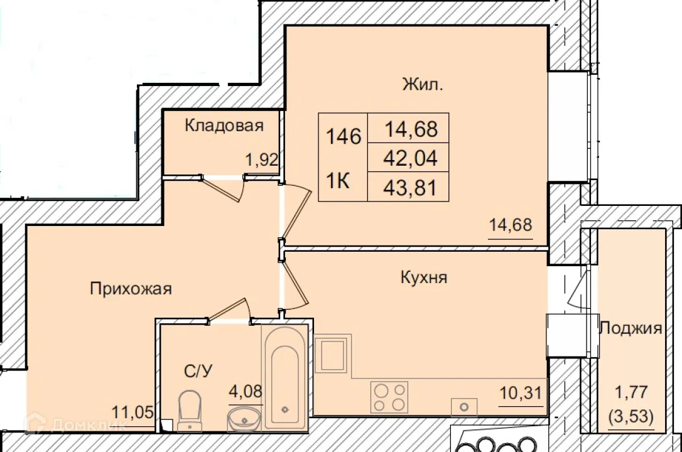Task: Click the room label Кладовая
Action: [x=224, y=126]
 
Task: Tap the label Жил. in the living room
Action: [x=423, y=85]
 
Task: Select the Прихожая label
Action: [x=131, y=289]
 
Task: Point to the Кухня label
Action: [x=424, y=277]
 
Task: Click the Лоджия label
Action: [x=631, y=328]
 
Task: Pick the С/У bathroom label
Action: [x=198, y=371]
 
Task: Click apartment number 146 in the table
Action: [x=344, y=136]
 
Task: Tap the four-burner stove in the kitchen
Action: [x=389, y=397]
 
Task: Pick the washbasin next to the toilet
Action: [x=244, y=417]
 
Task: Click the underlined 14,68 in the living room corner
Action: [x=510, y=224]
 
